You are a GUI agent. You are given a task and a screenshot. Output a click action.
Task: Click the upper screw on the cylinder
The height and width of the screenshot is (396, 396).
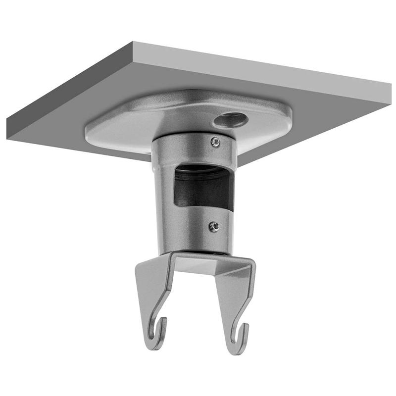click(x=214, y=142)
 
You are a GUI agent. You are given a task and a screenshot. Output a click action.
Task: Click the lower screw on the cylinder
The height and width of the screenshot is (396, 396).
click(x=213, y=226)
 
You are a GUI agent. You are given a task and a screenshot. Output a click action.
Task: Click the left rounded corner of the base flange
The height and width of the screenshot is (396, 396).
click(x=89, y=133)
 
